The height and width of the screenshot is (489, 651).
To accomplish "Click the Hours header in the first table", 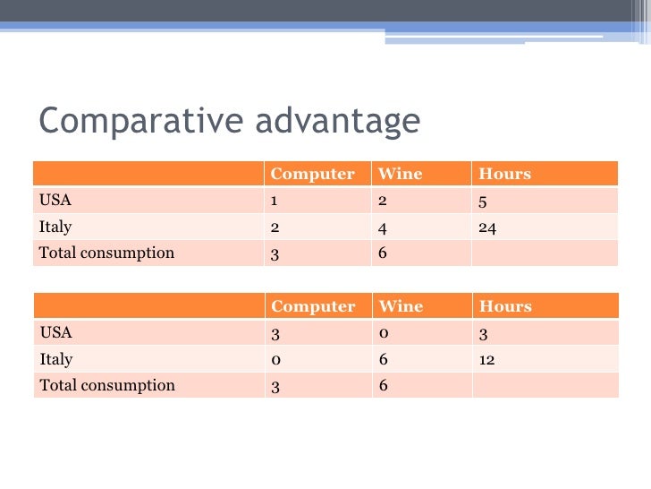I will [505, 174].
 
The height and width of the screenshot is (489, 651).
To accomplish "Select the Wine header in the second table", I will [401, 306].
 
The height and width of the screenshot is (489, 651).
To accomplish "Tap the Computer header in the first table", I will [312, 174].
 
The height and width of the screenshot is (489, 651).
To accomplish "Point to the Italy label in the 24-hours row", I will [55, 227].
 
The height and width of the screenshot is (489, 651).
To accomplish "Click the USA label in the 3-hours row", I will [55, 333].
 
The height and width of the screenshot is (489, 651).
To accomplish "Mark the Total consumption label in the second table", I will [106, 385].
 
